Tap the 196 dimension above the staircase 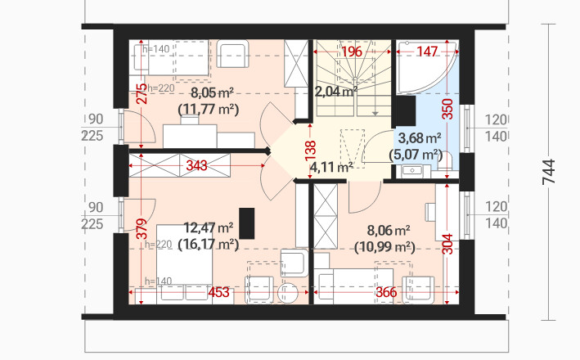(x=352, y=52)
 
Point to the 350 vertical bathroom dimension (x=447, y=110)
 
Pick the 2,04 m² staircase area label (x=336, y=92)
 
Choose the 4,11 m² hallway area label (x=332, y=167)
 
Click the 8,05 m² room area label (x=209, y=92)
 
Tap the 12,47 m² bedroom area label (x=209, y=227)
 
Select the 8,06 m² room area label (x=384, y=231)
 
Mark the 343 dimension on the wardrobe (x=196, y=165)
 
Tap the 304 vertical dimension (x=447, y=243)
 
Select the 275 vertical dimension (x=142, y=93)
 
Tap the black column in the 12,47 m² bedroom (x=248, y=222)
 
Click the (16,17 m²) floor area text (x=209, y=243)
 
